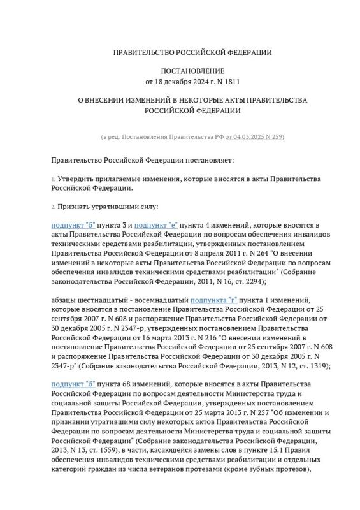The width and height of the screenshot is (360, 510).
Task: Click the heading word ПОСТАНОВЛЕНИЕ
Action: click(x=180, y=72)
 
